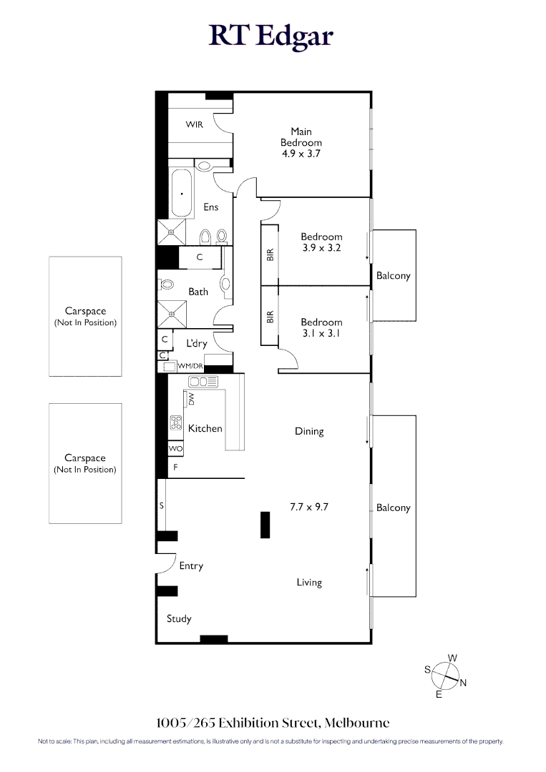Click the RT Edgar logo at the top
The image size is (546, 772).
(x=271, y=36)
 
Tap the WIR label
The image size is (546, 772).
(x=194, y=124)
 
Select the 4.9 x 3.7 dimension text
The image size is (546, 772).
(x=301, y=154)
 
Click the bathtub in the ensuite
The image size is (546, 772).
(x=181, y=193)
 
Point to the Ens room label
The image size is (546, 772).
(x=211, y=207)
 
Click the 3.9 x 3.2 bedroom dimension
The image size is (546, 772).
(x=322, y=247)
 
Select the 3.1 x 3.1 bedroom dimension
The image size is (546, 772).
(x=321, y=333)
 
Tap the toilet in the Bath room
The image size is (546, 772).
(x=166, y=284)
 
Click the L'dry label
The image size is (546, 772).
(x=197, y=343)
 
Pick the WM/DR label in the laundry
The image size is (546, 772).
(x=190, y=366)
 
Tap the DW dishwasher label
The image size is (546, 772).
(x=191, y=399)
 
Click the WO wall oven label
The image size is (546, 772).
(x=175, y=448)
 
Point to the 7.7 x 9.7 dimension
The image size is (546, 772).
(x=309, y=507)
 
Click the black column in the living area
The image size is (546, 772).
(x=265, y=525)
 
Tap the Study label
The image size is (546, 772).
(x=179, y=619)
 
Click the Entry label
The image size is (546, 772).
(x=191, y=566)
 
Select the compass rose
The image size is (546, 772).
(x=446, y=676)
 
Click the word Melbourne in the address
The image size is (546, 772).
(x=357, y=723)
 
